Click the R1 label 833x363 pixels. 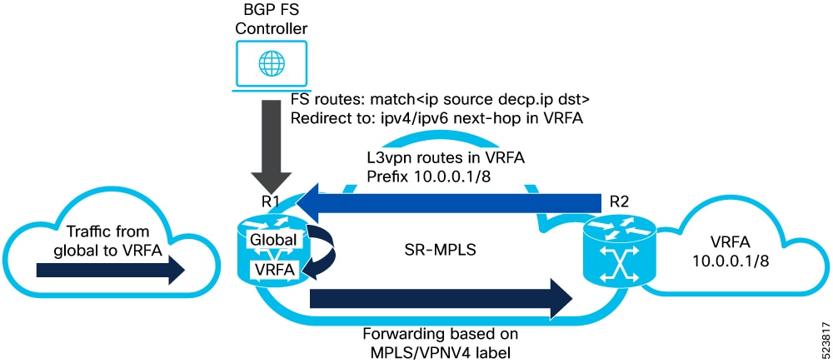pyautogui.click(x=265, y=202)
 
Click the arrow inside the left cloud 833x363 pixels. pyautogui.click(x=110, y=270)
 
